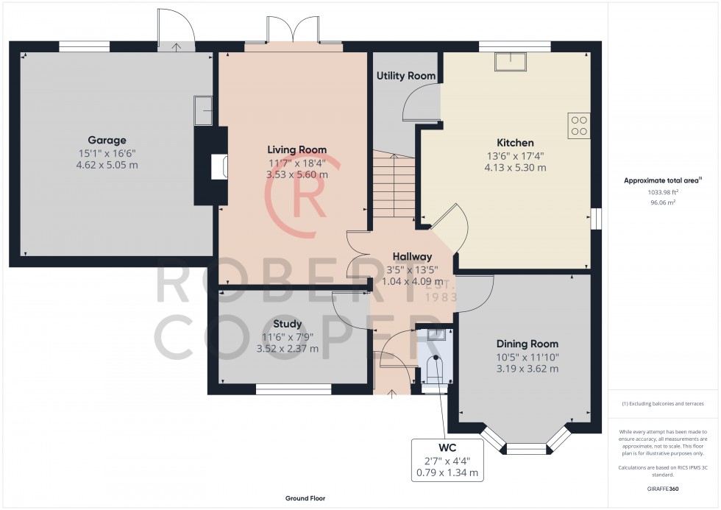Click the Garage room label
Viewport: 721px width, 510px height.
107,141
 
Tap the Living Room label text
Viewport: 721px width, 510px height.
297,149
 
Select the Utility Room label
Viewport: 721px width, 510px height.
406,76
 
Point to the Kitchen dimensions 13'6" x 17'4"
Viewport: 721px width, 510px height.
515,156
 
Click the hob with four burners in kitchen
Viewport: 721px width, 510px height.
579,126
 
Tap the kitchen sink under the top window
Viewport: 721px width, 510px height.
511,62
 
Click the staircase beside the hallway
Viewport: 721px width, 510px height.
394,186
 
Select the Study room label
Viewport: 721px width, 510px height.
288,325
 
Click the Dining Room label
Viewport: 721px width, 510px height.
528,344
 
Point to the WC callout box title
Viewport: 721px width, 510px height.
447,447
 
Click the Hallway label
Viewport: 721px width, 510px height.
413,257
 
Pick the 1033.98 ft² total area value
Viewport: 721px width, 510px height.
663,193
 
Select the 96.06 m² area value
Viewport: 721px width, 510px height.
663,202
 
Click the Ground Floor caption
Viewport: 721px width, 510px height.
305,498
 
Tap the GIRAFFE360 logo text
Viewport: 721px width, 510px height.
663,489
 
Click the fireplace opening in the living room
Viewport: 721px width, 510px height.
219,166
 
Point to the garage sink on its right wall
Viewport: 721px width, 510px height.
203,111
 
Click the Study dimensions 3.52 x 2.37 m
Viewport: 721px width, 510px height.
288,349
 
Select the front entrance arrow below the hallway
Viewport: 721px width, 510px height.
391,394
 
